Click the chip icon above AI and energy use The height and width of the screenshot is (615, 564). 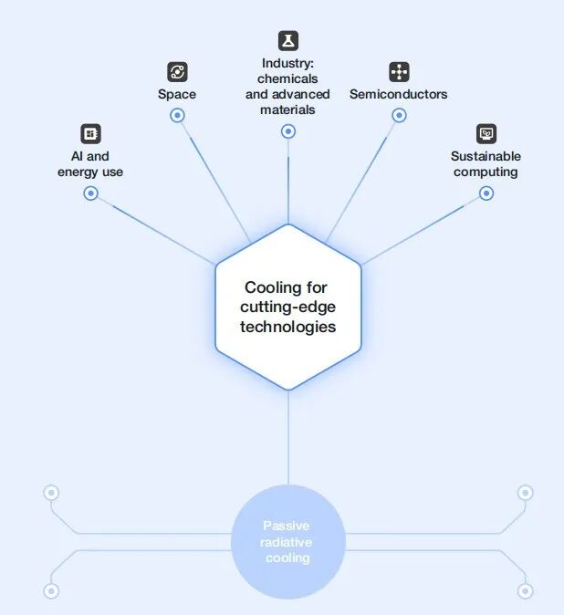tap(90, 134)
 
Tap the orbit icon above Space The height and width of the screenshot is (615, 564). tap(177, 72)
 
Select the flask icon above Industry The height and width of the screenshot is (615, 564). tap(288, 41)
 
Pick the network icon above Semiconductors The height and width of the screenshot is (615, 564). tap(399, 72)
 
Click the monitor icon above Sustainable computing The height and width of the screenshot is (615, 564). tap(486, 134)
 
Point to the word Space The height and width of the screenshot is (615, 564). tap(177, 95)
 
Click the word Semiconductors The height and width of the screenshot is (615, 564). tap(399, 94)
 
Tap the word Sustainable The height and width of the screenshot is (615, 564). tap(486, 156)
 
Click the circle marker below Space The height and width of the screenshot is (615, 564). tap(177, 115)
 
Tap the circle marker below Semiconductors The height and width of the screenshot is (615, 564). tap(399, 115)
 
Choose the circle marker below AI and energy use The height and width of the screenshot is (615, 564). tap(90, 193)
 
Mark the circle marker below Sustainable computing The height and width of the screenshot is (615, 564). tap(486, 193)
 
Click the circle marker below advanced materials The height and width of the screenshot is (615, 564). tap(288, 131)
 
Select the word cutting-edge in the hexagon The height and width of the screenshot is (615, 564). tap(287, 307)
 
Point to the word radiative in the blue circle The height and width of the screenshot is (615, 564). tap(287, 542)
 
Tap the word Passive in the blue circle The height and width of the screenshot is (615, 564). tap(287, 526)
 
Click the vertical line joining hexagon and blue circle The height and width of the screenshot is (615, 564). tap(288, 438)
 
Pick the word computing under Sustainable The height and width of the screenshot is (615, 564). tap(486, 172)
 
